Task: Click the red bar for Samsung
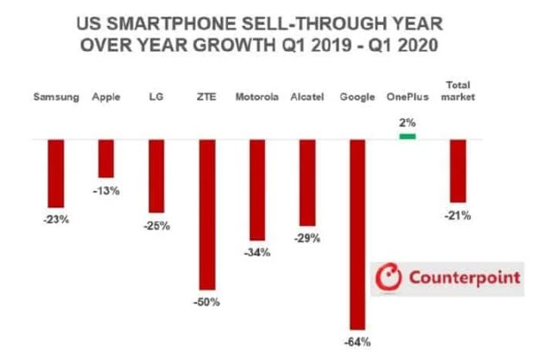coord(56,174)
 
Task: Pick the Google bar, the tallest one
coord(357,233)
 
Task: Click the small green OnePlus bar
coord(407,136)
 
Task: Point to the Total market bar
coord(458,170)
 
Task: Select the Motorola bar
coord(256,189)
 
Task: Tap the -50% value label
coord(207,302)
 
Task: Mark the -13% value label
coord(106,190)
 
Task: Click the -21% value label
coord(458,215)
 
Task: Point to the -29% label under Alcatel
coord(307,237)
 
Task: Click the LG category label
coord(156,96)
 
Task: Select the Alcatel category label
coord(307,96)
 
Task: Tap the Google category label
coord(357,96)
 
